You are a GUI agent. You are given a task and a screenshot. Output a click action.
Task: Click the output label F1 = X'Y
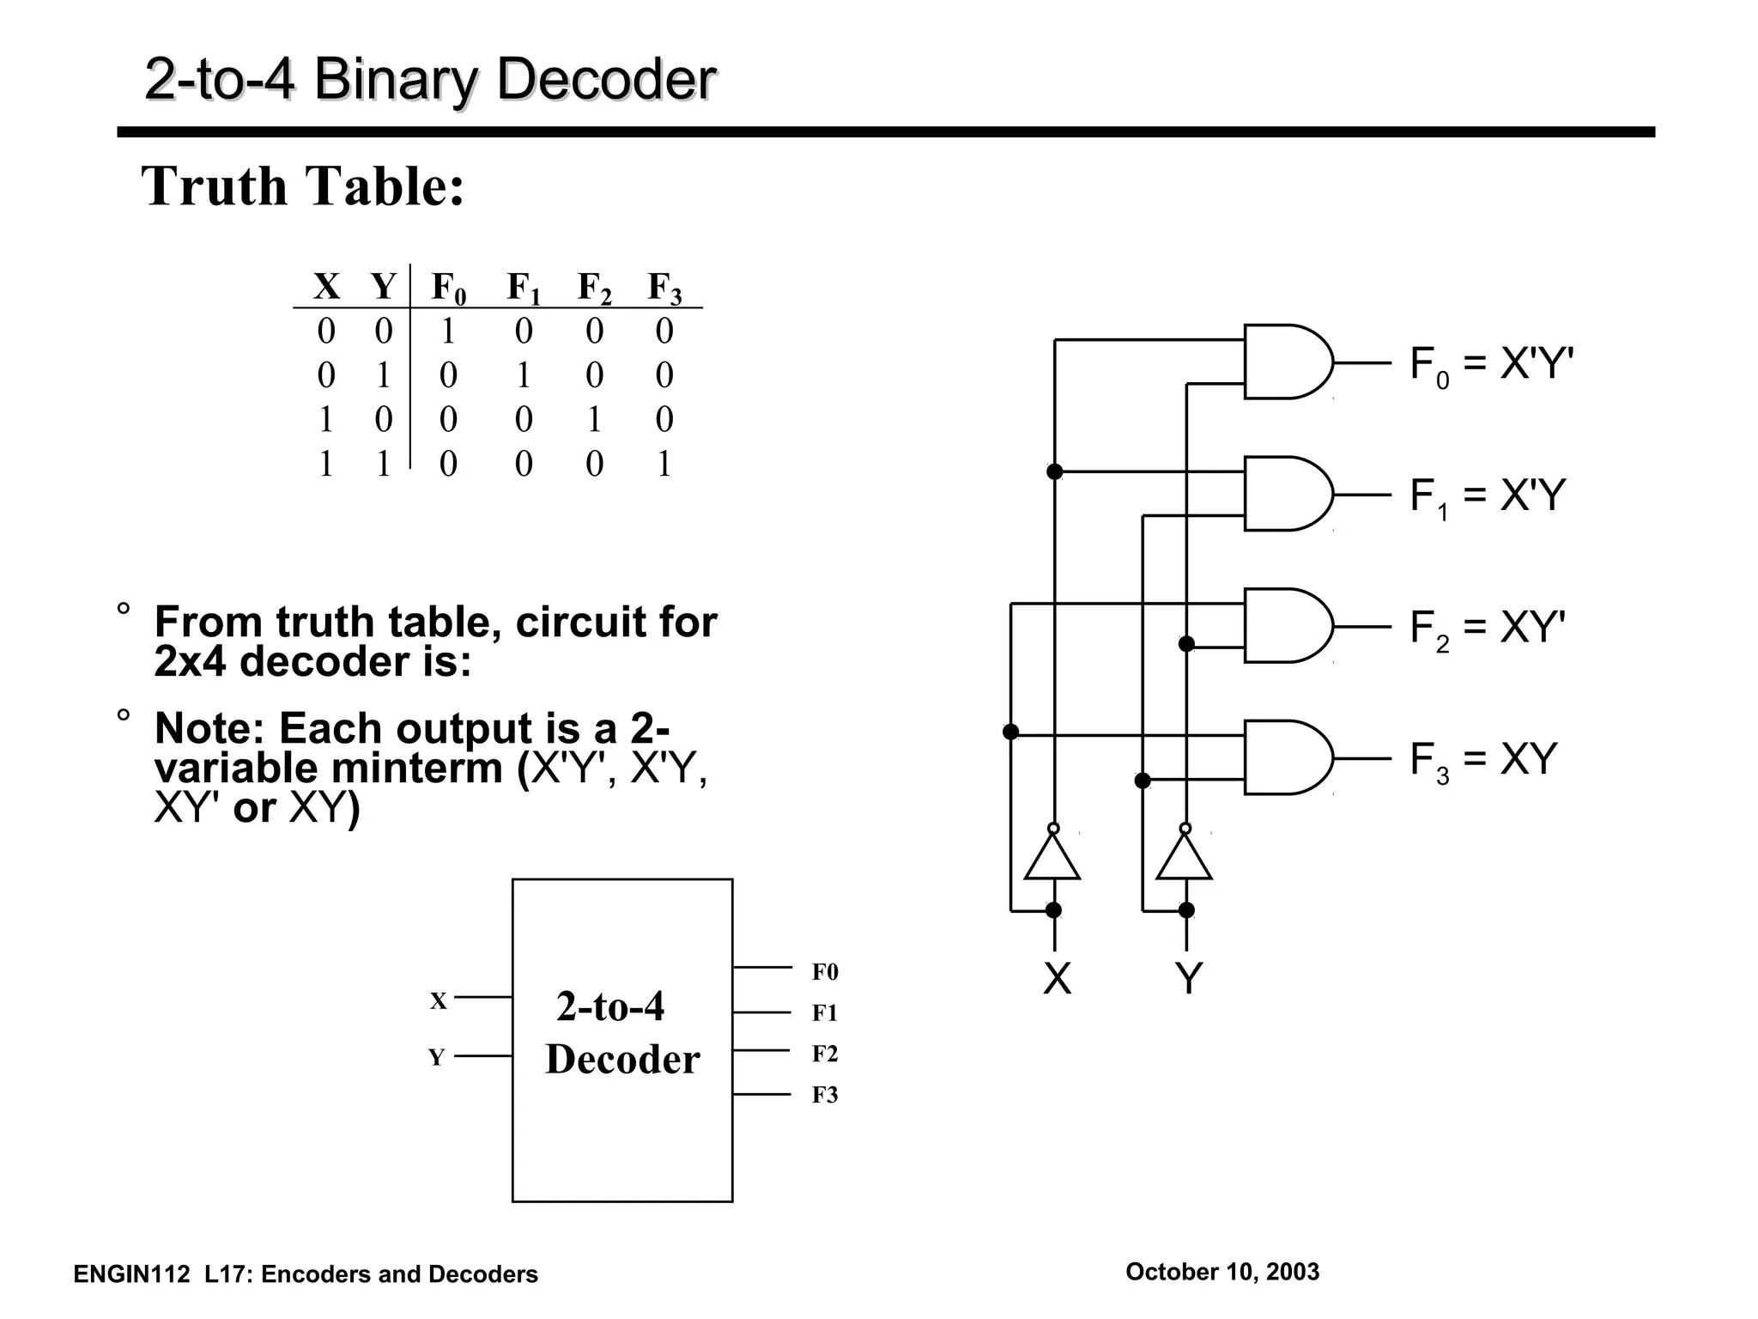pyautogui.click(x=1488, y=496)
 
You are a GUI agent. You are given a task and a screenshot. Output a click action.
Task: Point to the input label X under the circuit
pyautogui.click(x=1057, y=978)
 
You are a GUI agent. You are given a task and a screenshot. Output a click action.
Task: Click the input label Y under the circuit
pyautogui.click(x=1188, y=978)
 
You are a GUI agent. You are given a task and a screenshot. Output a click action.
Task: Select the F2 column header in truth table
pyautogui.click(x=594, y=288)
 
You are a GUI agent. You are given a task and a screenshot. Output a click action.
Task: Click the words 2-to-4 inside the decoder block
pyautogui.click(x=610, y=1006)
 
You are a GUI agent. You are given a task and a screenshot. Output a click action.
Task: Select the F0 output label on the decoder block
pyautogui.click(x=825, y=972)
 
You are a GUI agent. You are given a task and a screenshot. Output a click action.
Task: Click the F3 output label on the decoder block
pyautogui.click(x=825, y=1095)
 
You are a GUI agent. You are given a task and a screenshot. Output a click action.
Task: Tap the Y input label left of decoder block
pyautogui.click(x=437, y=1057)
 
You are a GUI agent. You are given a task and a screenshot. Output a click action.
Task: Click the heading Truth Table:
pyautogui.click(x=302, y=185)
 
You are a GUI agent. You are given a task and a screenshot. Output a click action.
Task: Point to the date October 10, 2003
pyautogui.click(x=1222, y=1272)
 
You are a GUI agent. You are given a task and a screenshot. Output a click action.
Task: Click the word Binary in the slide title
pyautogui.click(x=396, y=79)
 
